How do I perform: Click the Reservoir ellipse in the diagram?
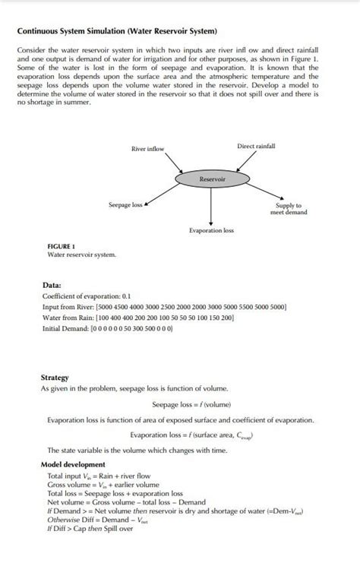point(211,179)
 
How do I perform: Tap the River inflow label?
point(147,149)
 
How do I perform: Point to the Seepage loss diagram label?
point(125,205)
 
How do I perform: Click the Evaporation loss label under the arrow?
point(211,229)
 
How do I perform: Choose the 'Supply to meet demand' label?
point(289,209)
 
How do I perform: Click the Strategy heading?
point(55,378)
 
